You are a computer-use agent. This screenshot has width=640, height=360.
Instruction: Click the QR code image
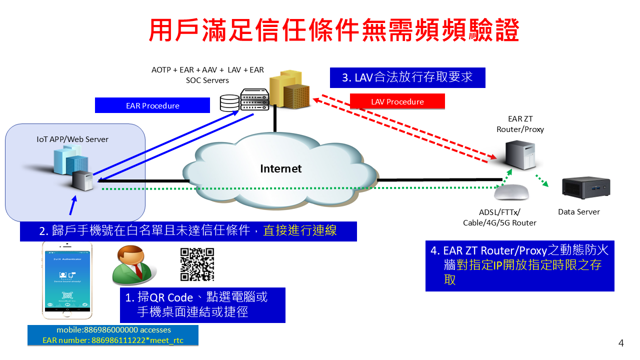(x=197, y=264)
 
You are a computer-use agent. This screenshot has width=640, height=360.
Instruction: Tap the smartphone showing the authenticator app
(x=67, y=280)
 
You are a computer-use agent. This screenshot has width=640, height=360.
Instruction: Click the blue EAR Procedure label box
(x=152, y=105)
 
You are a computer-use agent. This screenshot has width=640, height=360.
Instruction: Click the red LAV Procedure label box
(x=397, y=101)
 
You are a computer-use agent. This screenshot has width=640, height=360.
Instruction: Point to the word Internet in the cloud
(x=280, y=168)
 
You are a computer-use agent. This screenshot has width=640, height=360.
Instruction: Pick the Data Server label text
(x=578, y=211)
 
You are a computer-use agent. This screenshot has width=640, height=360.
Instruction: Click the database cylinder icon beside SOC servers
(x=229, y=103)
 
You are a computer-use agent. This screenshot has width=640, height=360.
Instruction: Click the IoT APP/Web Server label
(x=72, y=139)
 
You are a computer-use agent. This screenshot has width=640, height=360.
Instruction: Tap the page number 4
(x=621, y=343)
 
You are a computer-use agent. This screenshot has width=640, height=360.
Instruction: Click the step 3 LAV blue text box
(x=407, y=77)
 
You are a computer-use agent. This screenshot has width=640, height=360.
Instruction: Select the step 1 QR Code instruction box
(x=202, y=304)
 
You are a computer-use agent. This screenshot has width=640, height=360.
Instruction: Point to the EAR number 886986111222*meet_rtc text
(x=113, y=340)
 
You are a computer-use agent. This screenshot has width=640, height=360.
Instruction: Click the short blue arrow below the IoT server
(x=73, y=205)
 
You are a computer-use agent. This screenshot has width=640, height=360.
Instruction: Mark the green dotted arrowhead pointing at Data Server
(x=545, y=184)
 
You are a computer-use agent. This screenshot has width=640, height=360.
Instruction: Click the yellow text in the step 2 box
(x=300, y=230)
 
